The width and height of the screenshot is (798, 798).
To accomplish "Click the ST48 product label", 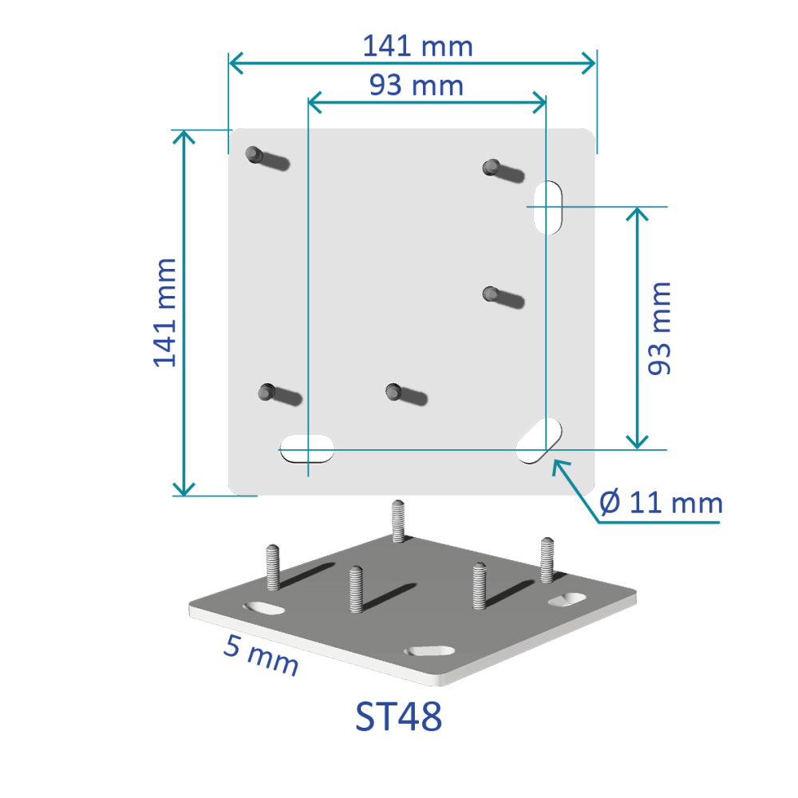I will tap(398, 717).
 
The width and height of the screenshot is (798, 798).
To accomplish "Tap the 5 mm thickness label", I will tap(261, 655).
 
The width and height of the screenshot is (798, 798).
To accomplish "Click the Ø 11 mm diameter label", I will tap(661, 504).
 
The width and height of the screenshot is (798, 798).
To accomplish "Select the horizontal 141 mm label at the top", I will tap(417, 46).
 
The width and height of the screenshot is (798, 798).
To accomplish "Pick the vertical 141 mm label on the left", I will tap(165, 312).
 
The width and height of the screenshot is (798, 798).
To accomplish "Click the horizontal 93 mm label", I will tap(417, 85).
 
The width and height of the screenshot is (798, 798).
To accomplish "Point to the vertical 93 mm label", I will tap(659, 328).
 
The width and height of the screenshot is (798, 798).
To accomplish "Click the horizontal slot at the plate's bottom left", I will tap(306, 448).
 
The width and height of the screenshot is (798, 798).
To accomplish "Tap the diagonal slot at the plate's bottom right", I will tap(539, 441).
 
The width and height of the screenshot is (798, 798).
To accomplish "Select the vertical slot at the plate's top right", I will tap(547, 207).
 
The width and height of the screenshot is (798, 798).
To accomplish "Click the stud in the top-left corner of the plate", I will tap(255, 153).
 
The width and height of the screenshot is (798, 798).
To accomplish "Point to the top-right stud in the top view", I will tap(492, 167).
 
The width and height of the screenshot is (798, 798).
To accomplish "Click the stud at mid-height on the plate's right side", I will tap(492, 294).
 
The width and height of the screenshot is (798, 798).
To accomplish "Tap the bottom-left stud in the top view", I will tap(267, 392).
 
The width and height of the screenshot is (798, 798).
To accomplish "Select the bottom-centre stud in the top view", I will tap(393, 391).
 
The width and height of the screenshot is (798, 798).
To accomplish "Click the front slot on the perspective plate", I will tap(430, 650).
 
